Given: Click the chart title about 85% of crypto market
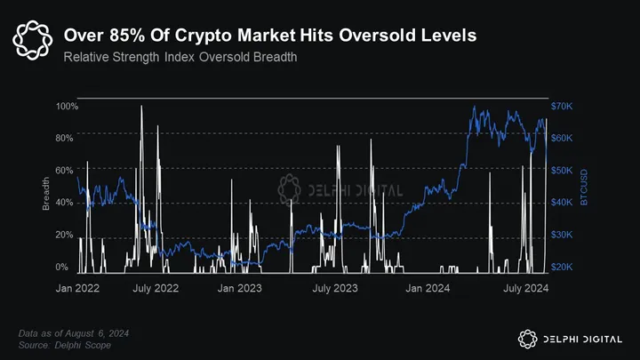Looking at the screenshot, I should click(269, 36).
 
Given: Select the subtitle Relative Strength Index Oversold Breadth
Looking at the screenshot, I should click(180, 57).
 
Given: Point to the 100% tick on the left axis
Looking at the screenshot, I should click(68, 107).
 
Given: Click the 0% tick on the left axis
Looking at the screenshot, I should click(62, 267).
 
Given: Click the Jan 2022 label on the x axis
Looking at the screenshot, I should click(78, 289).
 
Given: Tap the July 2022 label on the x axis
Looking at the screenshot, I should click(156, 289).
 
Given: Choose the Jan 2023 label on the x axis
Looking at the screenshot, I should click(238, 289).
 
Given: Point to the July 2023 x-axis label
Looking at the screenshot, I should click(335, 289).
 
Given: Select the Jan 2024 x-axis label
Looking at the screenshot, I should click(427, 289).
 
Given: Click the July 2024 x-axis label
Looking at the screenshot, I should click(524, 289).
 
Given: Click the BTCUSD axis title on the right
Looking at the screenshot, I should click(584, 188).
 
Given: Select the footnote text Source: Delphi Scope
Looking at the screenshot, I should click(65, 344).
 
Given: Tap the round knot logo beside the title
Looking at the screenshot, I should click(33, 38).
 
